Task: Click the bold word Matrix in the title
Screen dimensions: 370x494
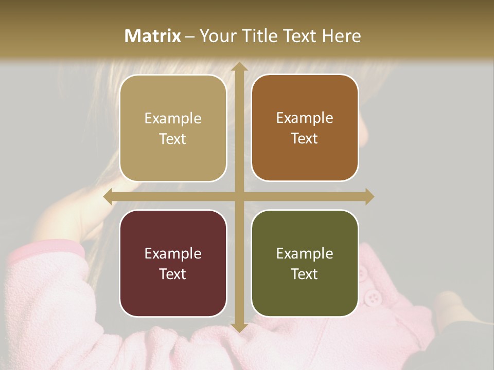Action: (153, 36)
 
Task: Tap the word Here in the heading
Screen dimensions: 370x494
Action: (342, 36)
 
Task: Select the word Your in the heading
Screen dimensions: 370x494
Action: (216, 36)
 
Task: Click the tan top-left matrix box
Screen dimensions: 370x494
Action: (173, 128)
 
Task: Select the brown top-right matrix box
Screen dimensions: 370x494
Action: (305, 128)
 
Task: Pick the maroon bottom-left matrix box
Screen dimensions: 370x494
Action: (173, 263)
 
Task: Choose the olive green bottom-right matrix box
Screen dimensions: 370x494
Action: (305, 263)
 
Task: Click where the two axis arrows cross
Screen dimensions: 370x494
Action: (239, 197)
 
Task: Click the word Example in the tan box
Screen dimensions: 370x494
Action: (173, 119)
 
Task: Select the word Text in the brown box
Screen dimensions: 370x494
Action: (305, 139)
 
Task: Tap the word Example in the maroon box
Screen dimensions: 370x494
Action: (173, 253)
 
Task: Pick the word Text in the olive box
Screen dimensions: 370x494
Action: (305, 274)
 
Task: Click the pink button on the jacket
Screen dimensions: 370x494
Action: (372, 297)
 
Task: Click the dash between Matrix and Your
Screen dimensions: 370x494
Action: (190, 36)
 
